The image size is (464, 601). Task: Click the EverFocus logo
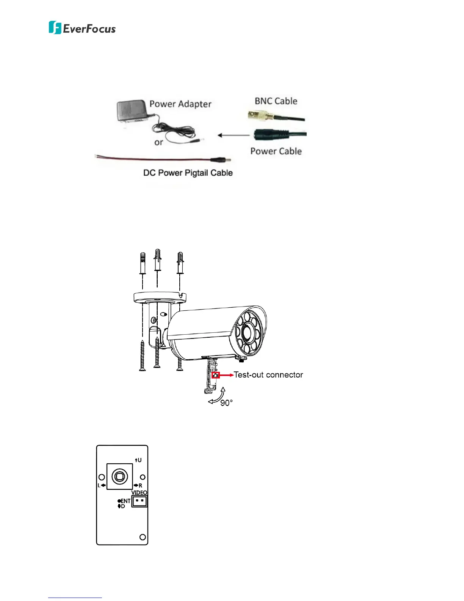click(x=82, y=28)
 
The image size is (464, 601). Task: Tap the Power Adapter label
click(x=180, y=104)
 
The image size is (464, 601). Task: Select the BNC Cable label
click(x=276, y=101)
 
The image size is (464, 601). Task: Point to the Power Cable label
click(x=276, y=151)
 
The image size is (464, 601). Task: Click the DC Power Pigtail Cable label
click(x=188, y=173)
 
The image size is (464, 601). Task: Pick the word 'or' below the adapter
click(x=158, y=143)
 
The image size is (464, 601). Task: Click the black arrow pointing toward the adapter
click(x=233, y=135)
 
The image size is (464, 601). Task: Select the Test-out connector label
click(x=268, y=375)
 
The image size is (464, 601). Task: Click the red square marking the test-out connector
click(x=216, y=375)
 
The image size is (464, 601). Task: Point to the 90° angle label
click(x=226, y=403)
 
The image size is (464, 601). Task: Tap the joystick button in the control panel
click(x=120, y=477)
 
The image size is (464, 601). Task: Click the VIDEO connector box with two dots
click(x=139, y=502)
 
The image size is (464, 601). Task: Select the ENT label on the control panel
click(x=125, y=501)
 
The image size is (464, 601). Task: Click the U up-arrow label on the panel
click(x=138, y=460)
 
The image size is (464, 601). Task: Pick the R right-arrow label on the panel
click(x=139, y=486)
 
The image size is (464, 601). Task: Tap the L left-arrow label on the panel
click(x=101, y=486)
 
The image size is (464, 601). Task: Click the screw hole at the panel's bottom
click(x=143, y=537)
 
